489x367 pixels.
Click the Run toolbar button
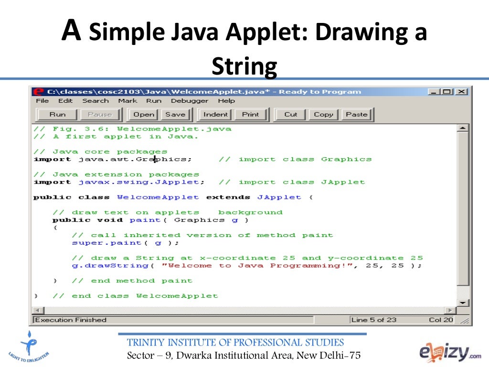click(x=57, y=115)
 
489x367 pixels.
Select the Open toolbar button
click(x=144, y=115)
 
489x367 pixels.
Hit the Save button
click(x=175, y=115)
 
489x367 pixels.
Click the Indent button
click(x=215, y=115)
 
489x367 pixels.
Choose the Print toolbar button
click(x=250, y=115)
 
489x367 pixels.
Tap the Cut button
click(x=290, y=115)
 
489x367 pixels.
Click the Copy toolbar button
click(x=323, y=115)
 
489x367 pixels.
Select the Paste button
click(x=357, y=115)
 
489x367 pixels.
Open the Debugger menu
click(x=190, y=101)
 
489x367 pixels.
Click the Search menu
click(x=96, y=101)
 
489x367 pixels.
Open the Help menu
click(x=226, y=101)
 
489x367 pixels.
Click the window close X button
click(x=461, y=92)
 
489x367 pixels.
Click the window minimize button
click(x=433, y=92)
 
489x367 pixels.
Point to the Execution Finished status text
click(x=71, y=320)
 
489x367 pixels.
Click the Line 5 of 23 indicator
click(x=374, y=320)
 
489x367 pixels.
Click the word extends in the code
click(x=228, y=197)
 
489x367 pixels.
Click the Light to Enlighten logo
click(x=29, y=348)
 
